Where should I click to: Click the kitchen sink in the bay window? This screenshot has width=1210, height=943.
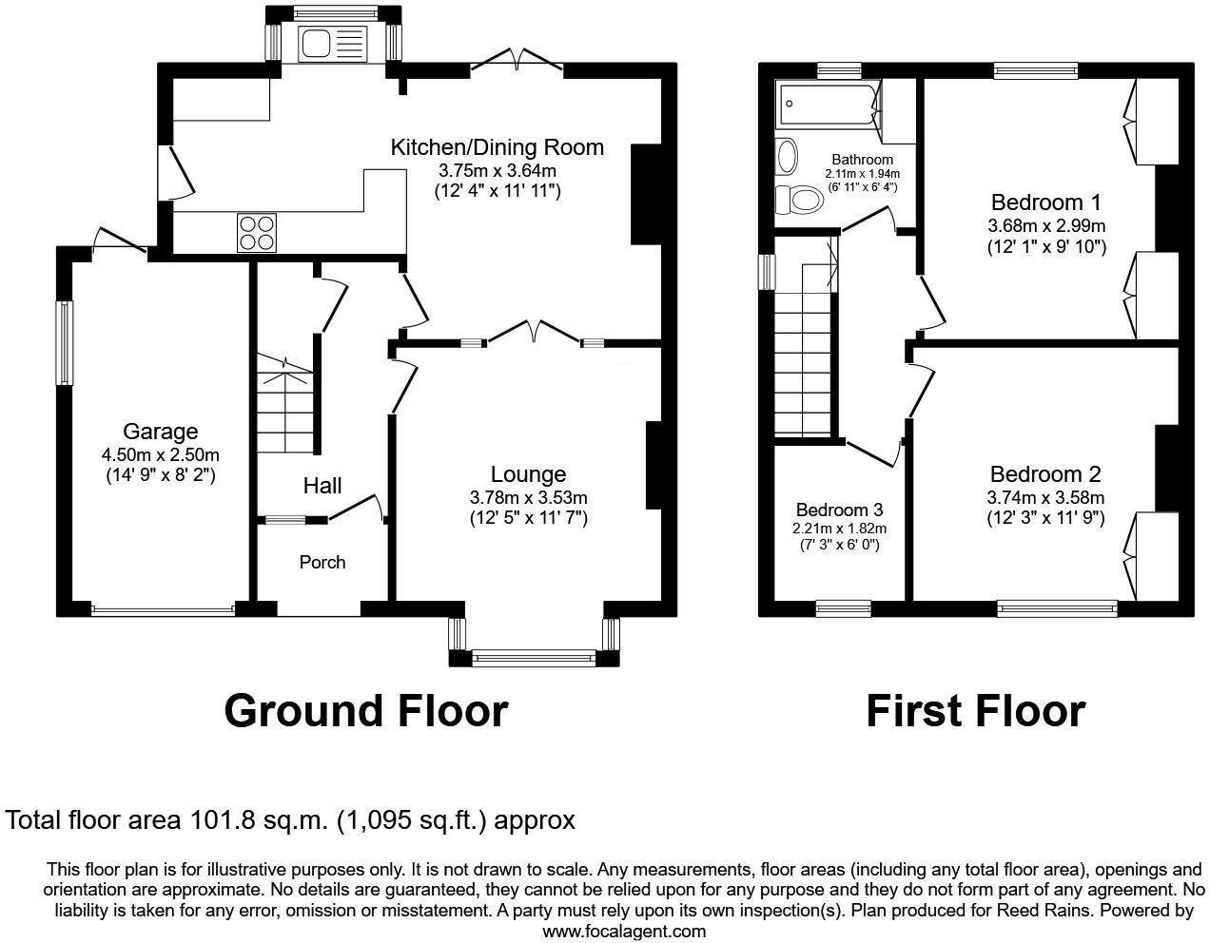coord(333,44)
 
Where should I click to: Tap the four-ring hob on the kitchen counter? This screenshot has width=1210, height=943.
coord(257,233)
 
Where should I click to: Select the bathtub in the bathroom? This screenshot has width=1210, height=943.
coord(828,105)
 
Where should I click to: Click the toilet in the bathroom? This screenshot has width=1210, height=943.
coord(799,199)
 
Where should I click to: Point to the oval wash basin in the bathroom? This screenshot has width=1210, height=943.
coord(787,156)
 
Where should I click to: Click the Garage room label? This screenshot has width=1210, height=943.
coord(161,432)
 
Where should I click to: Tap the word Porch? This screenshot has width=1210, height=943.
coord(322,562)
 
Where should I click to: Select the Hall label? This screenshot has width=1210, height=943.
coord(322,486)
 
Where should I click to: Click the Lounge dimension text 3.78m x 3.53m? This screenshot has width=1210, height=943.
coord(529,497)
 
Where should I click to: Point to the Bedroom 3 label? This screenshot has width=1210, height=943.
coord(839,510)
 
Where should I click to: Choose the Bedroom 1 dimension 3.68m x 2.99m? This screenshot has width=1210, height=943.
coord(1046,226)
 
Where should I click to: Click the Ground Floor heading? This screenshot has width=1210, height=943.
coord(366,712)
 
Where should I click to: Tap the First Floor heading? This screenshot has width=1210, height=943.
coord(976,712)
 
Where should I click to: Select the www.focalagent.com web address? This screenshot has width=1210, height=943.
coord(624,932)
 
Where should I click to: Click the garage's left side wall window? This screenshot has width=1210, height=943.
coord(65,343)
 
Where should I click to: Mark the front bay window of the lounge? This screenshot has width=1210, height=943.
coord(535,658)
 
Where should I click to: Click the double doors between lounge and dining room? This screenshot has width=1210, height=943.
coord(535,333)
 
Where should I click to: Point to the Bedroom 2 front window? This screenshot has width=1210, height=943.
coord(1057,609)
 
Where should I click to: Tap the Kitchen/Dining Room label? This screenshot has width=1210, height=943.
coord(498,147)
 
